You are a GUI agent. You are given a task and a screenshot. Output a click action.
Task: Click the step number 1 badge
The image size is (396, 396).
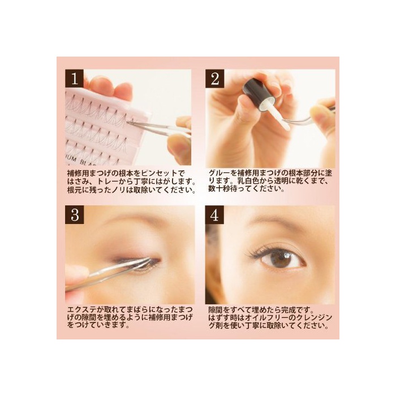75,78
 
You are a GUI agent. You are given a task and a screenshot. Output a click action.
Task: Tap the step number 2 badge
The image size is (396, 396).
214,78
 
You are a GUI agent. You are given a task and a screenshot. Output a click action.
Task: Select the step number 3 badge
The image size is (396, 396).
75,215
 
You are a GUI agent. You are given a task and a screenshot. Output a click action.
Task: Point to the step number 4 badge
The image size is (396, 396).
214,215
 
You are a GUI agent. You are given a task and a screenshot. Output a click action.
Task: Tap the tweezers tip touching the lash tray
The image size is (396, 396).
128,123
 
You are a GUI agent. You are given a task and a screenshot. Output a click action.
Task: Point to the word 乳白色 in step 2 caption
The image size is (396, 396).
248,182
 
